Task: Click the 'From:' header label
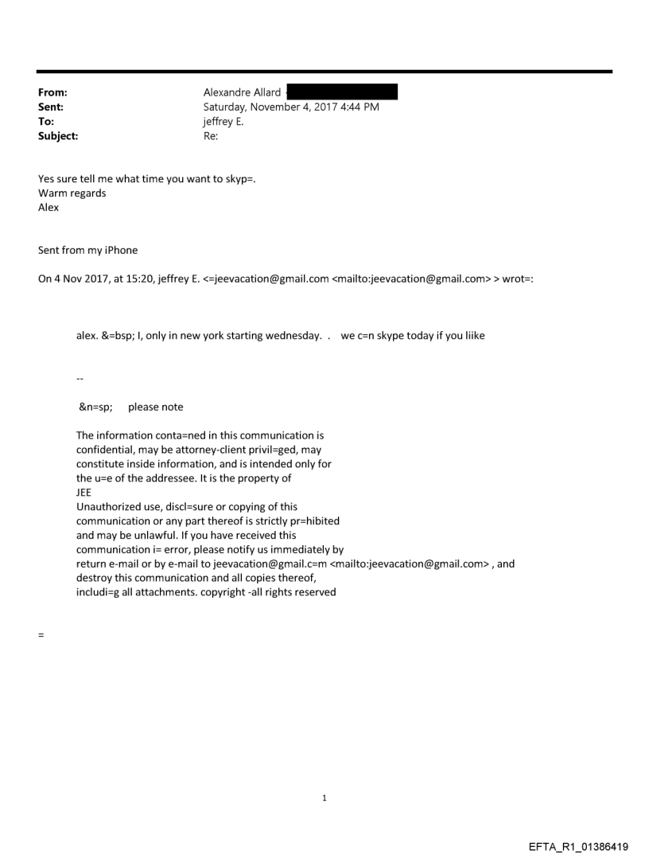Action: (52, 92)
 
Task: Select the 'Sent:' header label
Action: (51, 107)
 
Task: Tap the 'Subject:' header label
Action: (58, 136)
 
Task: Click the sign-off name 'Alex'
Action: (49, 207)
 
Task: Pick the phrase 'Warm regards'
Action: (72, 193)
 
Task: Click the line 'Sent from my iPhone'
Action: (87, 250)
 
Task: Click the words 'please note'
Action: (155, 407)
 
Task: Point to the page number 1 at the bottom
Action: (324, 798)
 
